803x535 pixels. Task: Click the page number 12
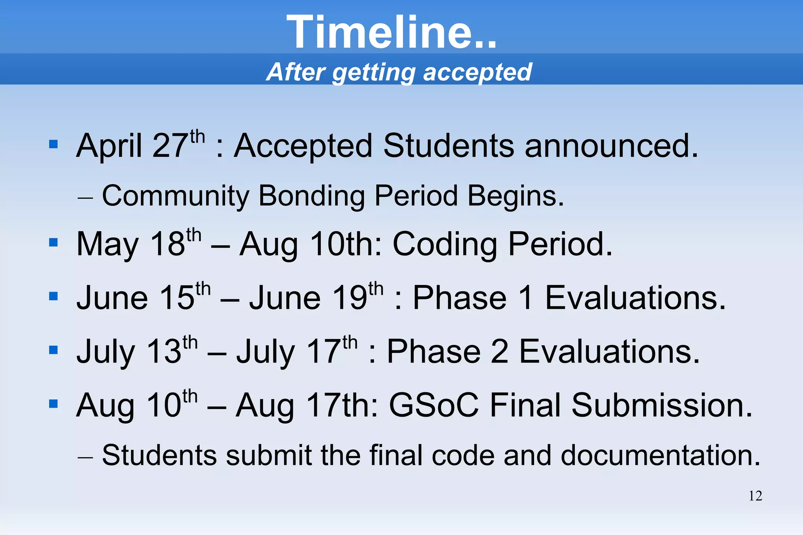pyautogui.click(x=755, y=496)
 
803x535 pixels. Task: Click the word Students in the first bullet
pyautogui.click(x=448, y=146)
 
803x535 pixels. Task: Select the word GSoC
pyautogui.click(x=434, y=405)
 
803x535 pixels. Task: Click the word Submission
pyautogui.click(x=661, y=405)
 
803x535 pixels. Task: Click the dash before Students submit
pyautogui.click(x=85, y=457)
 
